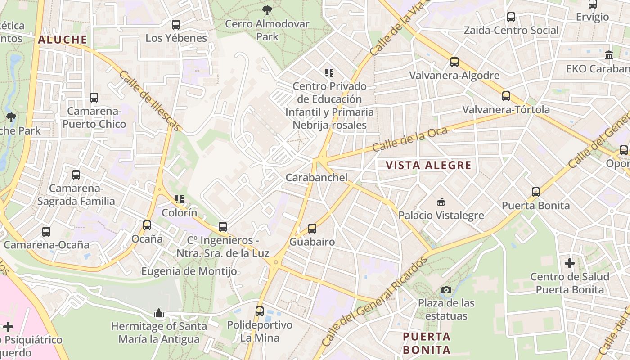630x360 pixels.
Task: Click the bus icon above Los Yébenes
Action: (176, 25)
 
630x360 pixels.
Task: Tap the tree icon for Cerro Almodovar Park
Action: (267, 10)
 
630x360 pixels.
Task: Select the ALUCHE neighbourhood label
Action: (63, 40)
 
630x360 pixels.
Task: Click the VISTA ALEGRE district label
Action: (429, 165)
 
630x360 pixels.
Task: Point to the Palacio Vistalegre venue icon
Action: (441, 202)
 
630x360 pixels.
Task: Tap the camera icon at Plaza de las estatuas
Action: (446, 290)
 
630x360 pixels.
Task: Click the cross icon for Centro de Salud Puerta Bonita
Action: (570, 263)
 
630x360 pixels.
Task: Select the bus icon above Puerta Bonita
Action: (535, 192)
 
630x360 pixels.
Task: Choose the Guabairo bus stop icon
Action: (312, 229)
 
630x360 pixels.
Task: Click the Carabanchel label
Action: (317, 178)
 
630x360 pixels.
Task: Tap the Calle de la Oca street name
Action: (410, 139)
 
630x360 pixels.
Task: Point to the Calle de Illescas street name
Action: (150, 101)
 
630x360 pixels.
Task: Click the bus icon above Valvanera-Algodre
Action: (454, 62)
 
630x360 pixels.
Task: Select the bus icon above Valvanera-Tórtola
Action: (506, 96)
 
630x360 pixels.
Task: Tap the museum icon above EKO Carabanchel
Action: (609, 55)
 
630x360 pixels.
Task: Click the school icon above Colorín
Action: (180, 199)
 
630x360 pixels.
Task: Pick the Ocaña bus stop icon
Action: (147, 225)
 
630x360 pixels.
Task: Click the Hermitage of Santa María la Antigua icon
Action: (159, 313)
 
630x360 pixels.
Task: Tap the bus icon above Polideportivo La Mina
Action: (260, 311)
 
